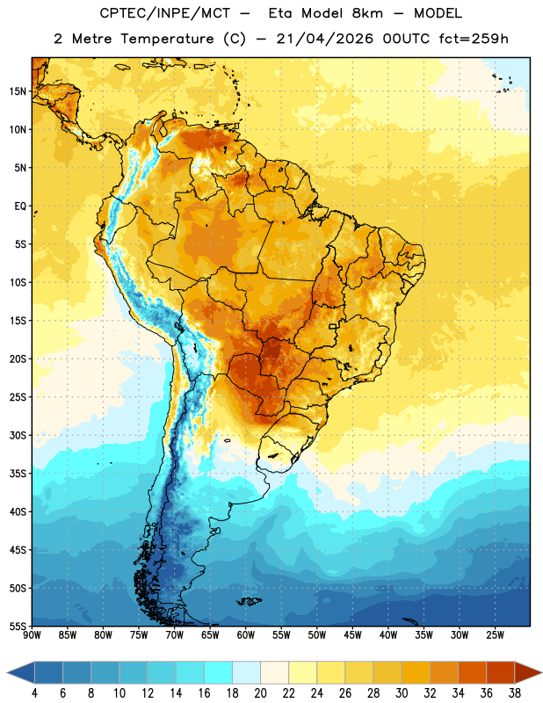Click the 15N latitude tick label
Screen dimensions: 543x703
point(18,91)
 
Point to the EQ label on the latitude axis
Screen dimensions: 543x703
point(20,207)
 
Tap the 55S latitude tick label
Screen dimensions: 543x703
point(18,626)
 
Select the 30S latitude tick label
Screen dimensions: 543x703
point(18,435)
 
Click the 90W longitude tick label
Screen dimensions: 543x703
point(32,635)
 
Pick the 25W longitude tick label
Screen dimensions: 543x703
point(495,635)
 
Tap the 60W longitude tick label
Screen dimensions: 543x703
point(246,635)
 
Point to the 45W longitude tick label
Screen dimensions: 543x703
point(352,635)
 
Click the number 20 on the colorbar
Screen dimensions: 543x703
point(260,693)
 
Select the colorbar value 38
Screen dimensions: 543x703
point(514,693)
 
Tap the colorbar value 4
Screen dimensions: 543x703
point(34,693)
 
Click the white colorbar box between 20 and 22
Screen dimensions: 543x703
point(274,672)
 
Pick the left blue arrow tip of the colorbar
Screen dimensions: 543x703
point(7,672)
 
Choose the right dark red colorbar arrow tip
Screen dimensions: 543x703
point(541,672)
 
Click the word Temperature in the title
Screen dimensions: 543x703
point(167,39)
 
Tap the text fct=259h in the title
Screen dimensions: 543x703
point(474,39)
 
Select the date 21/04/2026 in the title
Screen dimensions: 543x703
point(324,39)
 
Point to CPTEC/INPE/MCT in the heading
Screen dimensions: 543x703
point(164,13)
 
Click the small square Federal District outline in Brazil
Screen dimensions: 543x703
point(333,326)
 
